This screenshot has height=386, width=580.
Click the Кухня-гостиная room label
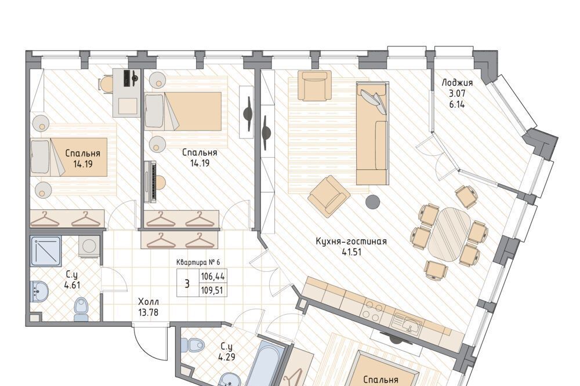(351, 242)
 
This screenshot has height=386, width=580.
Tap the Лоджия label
(457, 82)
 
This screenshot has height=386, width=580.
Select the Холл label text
(148, 302)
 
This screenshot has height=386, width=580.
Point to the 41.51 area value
(351, 252)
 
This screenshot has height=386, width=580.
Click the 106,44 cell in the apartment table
(213, 276)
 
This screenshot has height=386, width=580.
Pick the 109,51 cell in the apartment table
(213, 290)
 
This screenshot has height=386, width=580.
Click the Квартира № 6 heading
(198, 262)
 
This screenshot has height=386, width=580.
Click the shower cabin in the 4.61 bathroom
(46, 251)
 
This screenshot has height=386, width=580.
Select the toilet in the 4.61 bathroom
(81, 309)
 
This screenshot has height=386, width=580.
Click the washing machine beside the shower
(89, 246)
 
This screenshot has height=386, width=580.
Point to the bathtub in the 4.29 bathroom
(265, 364)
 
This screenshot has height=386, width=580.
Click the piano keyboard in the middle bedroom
(151, 181)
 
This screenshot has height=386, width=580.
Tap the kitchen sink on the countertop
(408, 323)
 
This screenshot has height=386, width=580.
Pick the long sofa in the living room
(372, 133)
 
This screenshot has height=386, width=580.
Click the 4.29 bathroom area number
(227, 358)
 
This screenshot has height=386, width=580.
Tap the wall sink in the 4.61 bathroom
(39, 290)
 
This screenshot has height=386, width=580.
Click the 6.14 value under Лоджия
(457, 105)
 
